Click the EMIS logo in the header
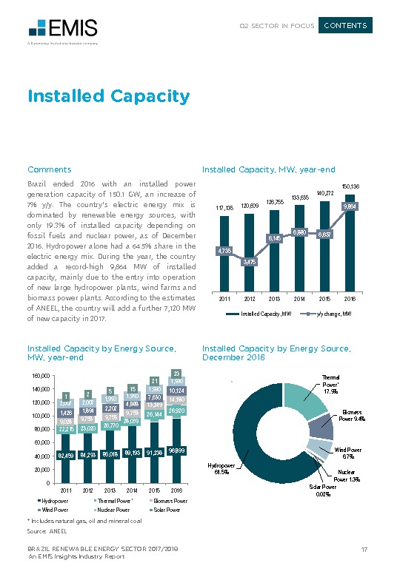(x=62, y=29)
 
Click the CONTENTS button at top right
(x=345, y=26)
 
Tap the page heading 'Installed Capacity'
(x=108, y=96)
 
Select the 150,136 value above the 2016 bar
(x=350, y=186)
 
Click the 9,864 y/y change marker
(x=350, y=206)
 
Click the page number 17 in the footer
(x=364, y=548)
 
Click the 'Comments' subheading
(x=49, y=169)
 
